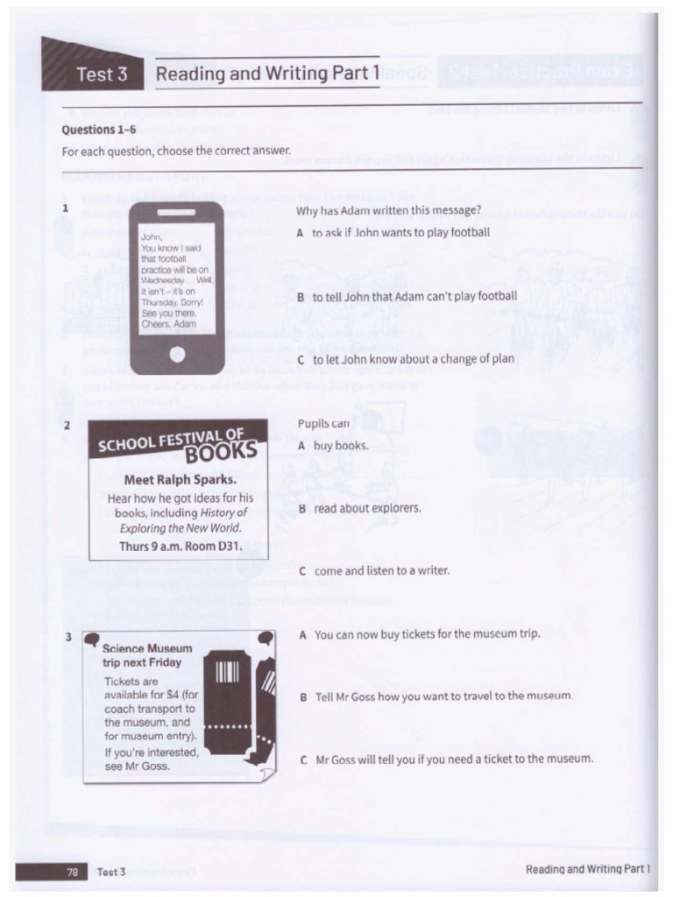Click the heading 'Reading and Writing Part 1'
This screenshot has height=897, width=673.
267,74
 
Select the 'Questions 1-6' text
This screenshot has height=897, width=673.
98,130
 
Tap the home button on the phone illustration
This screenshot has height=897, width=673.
177,355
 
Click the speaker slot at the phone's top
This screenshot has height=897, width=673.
176,213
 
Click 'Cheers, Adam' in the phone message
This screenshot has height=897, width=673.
169,324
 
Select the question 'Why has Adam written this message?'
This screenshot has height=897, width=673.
388,211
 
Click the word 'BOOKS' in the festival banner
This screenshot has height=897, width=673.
227,453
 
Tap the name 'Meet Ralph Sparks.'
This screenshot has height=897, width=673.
181,480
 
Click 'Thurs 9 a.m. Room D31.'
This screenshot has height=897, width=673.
181,545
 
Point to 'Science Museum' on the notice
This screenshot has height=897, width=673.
147,649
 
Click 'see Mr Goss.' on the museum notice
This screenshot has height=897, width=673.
138,766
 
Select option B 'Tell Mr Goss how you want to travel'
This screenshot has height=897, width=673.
436,696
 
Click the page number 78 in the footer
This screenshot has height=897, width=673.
73,871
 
